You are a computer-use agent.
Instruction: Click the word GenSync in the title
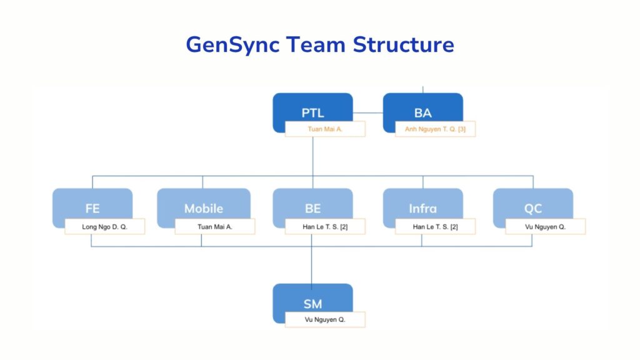click(x=234, y=45)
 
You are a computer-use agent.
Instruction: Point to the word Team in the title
click(x=317, y=45)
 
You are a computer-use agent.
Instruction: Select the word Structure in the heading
click(x=403, y=45)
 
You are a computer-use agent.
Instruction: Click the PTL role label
click(x=312, y=113)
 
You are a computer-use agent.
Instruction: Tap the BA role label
click(x=422, y=113)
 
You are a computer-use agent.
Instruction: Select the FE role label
click(x=92, y=209)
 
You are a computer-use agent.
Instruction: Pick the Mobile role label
click(x=203, y=209)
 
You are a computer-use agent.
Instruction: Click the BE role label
click(x=312, y=209)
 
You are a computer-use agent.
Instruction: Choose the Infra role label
click(x=422, y=209)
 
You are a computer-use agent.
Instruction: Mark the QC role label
click(x=532, y=209)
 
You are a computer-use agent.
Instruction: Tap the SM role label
click(x=312, y=304)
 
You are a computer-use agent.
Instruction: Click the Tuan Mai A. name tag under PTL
click(x=325, y=129)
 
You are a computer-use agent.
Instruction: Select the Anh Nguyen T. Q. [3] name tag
click(x=435, y=129)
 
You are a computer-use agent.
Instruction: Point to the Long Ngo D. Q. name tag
click(x=104, y=226)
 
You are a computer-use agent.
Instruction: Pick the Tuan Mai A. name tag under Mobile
click(x=215, y=226)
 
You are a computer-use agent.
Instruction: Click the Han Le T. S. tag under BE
click(x=325, y=226)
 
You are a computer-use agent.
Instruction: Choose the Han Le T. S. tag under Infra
click(x=435, y=226)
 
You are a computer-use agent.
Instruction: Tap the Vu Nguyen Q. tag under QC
click(x=545, y=226)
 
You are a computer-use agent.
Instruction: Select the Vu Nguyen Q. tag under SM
click(x=325, y=319)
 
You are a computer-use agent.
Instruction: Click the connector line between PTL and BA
click(x=367, y=113)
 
